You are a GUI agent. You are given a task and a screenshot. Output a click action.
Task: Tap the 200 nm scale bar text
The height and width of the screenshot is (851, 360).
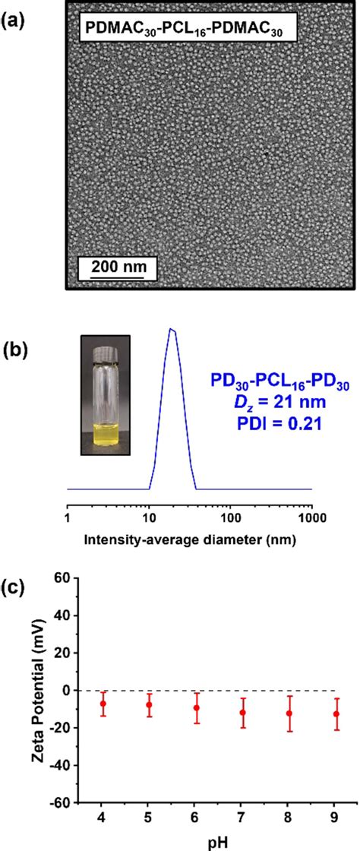pos(115,266)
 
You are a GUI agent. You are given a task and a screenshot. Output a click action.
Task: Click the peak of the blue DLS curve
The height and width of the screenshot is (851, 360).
pos(172,329)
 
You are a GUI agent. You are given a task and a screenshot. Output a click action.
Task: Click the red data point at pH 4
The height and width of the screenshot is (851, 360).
pos(103,704)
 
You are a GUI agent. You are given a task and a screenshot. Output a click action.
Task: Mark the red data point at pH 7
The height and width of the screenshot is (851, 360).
pos(221,713)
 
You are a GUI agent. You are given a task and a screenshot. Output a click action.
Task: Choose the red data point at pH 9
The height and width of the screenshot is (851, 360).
pos(336,713)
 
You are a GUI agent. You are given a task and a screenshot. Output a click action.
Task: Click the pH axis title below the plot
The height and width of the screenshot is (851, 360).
pos(220,843)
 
